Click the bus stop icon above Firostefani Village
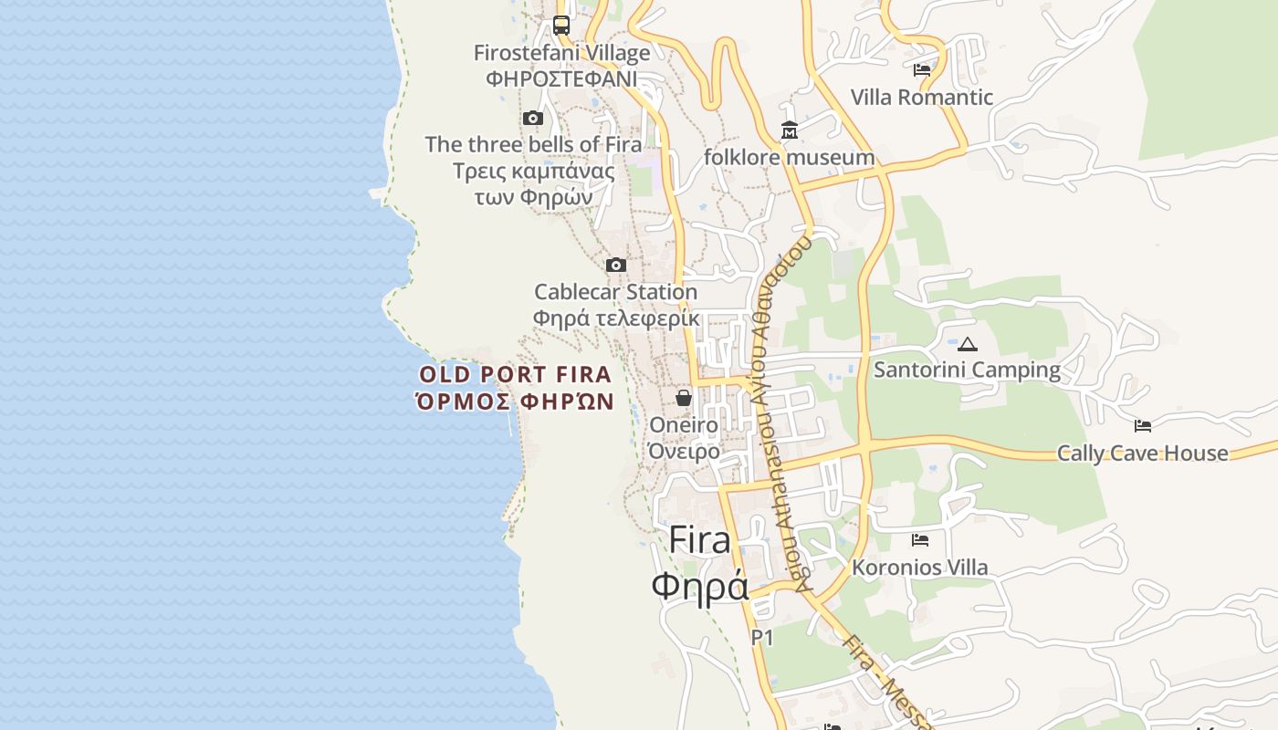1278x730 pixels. tap(561, 26)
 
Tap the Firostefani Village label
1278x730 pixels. tap(561, 53)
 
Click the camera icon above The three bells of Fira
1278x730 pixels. tap(533, 118)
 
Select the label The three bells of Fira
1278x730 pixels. tap(533, 144)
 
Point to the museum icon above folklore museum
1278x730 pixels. tap(790, 130)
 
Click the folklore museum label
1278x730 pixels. tap(790, 157)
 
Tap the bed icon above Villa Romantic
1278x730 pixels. tap(922, 69)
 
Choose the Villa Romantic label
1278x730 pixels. tap(922, 97)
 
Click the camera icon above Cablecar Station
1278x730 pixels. tap(616, 265)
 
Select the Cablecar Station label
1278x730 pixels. tap(616, 292)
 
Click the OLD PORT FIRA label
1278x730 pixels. tap(515, 374)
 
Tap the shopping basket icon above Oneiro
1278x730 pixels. tap(684, 398)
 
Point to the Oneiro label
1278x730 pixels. tap(684, 425)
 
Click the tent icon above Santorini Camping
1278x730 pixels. tap(968, 344)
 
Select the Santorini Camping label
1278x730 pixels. tap(968, 370)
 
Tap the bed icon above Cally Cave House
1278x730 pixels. tap(1143, 425)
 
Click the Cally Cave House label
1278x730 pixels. tap(1143, 453)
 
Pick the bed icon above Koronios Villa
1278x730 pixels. tap(920, 540)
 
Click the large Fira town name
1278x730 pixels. tap(700, 540)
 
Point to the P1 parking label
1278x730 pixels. tap(762, 638)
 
